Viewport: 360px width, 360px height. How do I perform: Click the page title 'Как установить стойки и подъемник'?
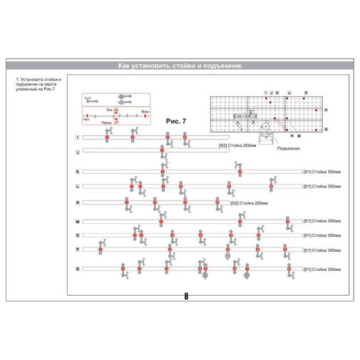tap(180, 66)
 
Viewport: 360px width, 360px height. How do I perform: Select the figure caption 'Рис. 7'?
tap(175, 121)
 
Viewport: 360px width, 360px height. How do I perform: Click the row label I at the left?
tap(78, 137)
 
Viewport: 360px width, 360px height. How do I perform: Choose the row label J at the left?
tap(78, 153)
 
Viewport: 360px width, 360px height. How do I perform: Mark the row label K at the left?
tap(78, 172)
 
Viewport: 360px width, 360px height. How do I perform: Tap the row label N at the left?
tap(78, 203)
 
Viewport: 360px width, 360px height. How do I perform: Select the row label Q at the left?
tap(78, 269)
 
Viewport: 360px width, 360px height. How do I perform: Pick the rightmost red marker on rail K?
tap(240, 172)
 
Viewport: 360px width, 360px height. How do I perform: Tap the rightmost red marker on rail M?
tap(287, 222)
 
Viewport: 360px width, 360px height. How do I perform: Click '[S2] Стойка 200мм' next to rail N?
tap(249, 203)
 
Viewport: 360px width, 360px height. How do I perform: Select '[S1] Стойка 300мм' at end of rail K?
tap(322, 172)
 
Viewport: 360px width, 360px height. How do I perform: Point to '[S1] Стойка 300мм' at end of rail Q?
tap(322, 269)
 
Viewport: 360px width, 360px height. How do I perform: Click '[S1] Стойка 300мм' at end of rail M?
tap(322, 222)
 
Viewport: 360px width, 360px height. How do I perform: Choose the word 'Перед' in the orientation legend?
tap(106, 123)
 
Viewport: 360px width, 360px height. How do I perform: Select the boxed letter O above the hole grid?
tap(306, 93)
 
